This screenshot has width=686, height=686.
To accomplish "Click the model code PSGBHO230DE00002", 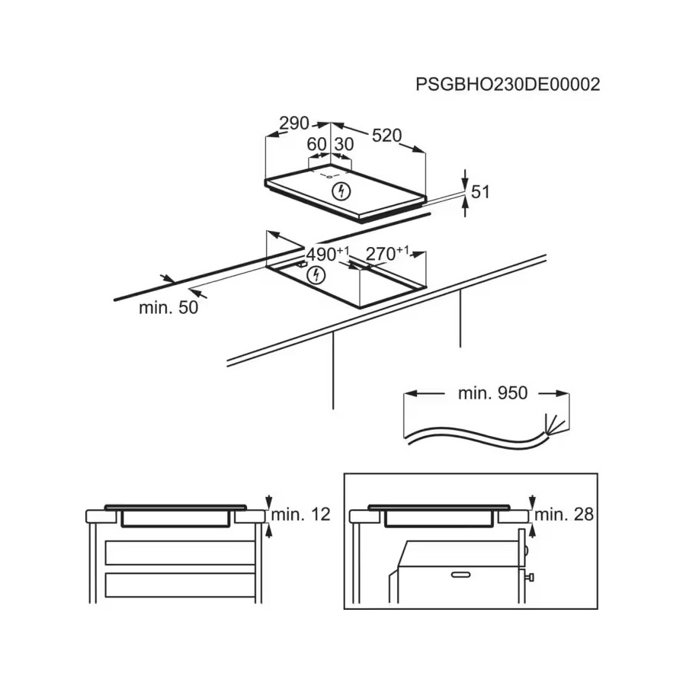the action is (x=508, y=84).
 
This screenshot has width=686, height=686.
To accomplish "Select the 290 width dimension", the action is (x=294, y=123).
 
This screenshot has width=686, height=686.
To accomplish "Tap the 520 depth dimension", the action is (x=386, y=136).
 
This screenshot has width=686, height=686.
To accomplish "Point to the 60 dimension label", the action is (x=317, y=144).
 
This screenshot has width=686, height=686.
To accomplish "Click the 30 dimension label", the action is (x=344, y=144).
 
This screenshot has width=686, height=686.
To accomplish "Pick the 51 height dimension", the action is (x=480, y=192).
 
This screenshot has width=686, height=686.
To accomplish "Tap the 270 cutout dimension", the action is (x=387, y=253).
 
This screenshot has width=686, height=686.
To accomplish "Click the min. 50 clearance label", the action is (x=168, y=308).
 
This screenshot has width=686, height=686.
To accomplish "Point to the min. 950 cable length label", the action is (x=492, y=393).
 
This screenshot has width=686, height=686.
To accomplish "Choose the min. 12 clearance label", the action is (x=300, y=514).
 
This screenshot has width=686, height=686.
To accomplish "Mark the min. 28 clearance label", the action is (x=564, y=514).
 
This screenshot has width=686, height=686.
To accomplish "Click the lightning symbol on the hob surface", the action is (x=341, y=191).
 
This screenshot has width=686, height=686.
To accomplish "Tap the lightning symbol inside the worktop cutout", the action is (x=316, y=275).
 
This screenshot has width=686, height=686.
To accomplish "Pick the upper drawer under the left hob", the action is (x=180, y=553).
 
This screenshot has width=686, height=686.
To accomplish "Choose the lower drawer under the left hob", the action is (x=180, y=585).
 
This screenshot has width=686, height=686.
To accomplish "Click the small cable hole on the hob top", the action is (x=329, y=176).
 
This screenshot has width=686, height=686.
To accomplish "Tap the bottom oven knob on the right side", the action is (x=530, y=578).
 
